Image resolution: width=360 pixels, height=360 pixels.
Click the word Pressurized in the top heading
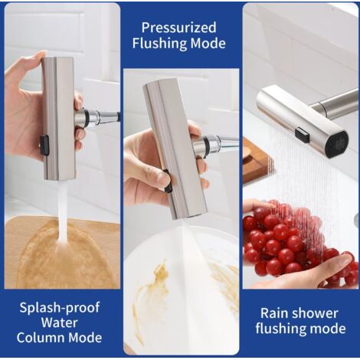[x=178, y=28]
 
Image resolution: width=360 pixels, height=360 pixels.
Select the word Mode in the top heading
[x=208, y=43]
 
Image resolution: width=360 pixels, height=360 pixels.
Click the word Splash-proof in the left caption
[x=60, y=308]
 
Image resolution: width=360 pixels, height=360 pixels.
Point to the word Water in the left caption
[x=59, y=322]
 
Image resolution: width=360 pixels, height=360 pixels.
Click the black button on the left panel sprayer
[x=44, y=145]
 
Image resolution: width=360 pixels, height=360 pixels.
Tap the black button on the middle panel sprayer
[x=168, y=182]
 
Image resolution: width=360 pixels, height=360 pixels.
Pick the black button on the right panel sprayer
[x=303, y=135]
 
